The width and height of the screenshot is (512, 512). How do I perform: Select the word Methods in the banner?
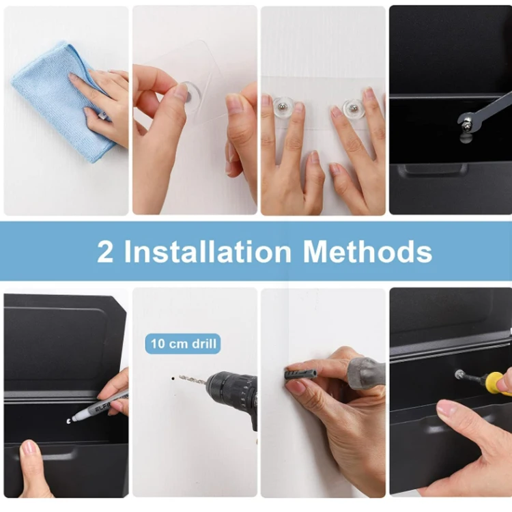[x=368, y=251]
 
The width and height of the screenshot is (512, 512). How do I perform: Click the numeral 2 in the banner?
[x=105, y=251]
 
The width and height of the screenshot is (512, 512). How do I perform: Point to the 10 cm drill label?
[x=182, y=343]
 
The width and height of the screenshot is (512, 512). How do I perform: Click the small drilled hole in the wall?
[x=172, y=376]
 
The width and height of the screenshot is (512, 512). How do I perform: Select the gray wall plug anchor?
[x=300, y=374]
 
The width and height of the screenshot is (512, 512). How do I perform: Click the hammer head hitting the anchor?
[x=365, y=373]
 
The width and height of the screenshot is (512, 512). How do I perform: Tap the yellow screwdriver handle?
[x=497, y=383]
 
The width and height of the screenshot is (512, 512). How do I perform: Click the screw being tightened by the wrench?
[x=467, y=125]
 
